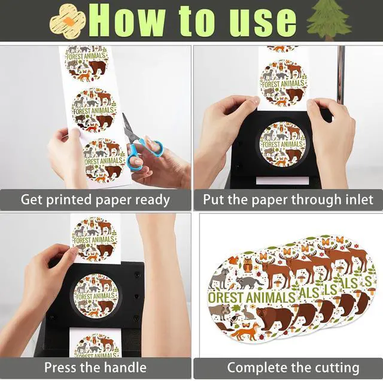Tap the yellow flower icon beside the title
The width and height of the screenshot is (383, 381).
click(68, 21)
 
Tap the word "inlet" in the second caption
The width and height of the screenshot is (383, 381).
click(360, 199)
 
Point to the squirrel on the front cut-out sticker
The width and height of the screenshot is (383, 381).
click(234, 261)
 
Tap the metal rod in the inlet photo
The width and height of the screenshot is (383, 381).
click(341, 76)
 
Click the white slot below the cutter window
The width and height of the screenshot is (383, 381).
click(282, 181)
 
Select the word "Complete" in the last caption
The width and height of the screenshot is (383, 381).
click(255, 368)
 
